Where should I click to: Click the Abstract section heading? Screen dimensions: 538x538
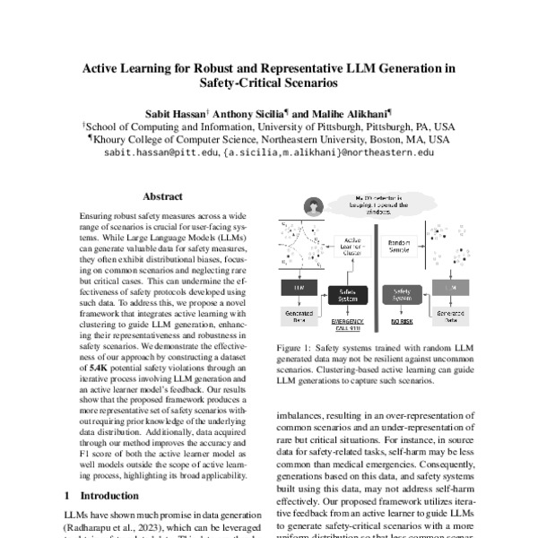[162, 196]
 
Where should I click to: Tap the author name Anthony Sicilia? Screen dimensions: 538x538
[247, 115]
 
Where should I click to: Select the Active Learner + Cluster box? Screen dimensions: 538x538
[353, 247]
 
